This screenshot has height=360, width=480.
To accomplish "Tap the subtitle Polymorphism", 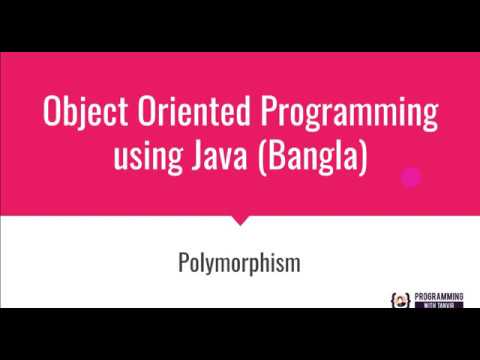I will pos(239,266).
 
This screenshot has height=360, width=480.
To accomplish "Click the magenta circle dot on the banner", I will pos(410,178).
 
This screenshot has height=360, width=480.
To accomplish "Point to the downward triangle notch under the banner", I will pos(239,217).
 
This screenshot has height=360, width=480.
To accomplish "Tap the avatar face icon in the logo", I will pos(396,300).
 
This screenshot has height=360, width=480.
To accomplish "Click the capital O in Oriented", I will pos(146,113).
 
